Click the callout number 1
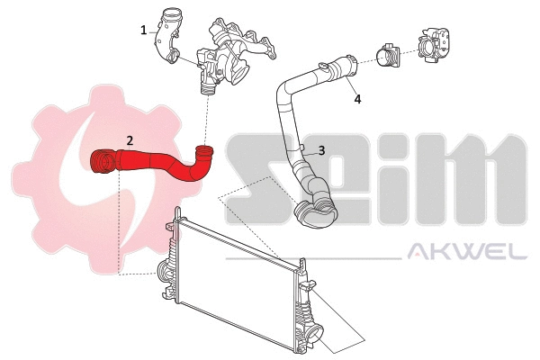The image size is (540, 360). [143, 30]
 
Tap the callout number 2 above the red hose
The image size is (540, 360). [130, 140]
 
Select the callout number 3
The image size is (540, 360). [320, 152]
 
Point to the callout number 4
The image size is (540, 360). [357, 99]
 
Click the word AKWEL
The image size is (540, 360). [468, 253]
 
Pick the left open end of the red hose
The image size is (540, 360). [102, 163]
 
